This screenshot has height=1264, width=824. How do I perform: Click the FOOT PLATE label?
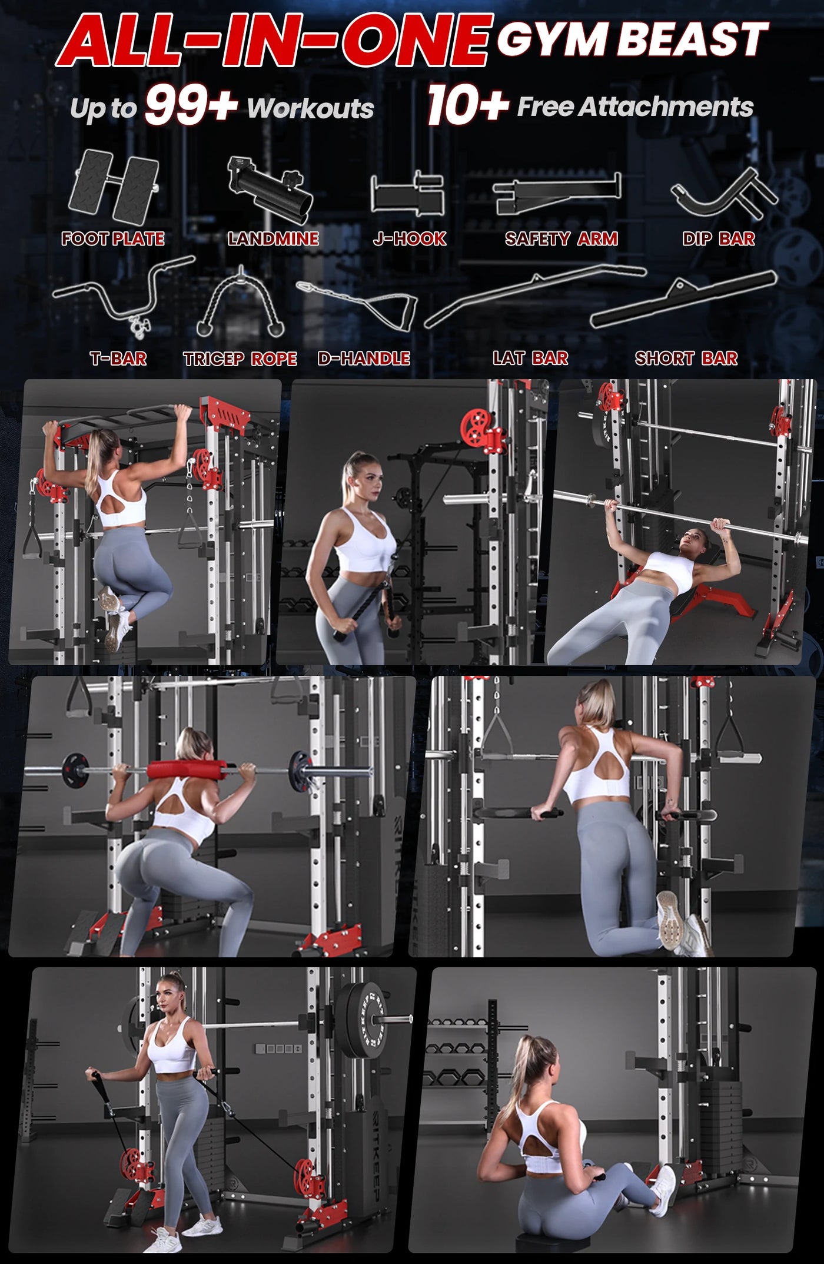113,238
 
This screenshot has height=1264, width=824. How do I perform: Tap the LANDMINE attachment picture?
270,190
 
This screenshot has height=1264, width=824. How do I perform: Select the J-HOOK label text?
410,238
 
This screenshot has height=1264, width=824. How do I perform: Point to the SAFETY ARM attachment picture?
557,194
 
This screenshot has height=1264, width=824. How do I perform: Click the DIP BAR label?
719,238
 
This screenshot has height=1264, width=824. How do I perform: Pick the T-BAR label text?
118,358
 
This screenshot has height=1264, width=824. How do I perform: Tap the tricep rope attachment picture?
240,301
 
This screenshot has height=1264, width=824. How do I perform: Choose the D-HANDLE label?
364,358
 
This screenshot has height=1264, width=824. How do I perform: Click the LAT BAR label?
530,358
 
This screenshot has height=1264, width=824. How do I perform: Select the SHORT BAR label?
686,358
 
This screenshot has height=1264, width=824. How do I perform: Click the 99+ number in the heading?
191,105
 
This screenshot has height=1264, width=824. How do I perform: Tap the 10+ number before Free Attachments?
468,105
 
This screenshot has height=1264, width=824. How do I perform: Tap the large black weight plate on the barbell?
361,1020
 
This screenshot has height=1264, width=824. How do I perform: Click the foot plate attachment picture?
114,187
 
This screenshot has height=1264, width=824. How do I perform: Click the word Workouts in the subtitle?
310,108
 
